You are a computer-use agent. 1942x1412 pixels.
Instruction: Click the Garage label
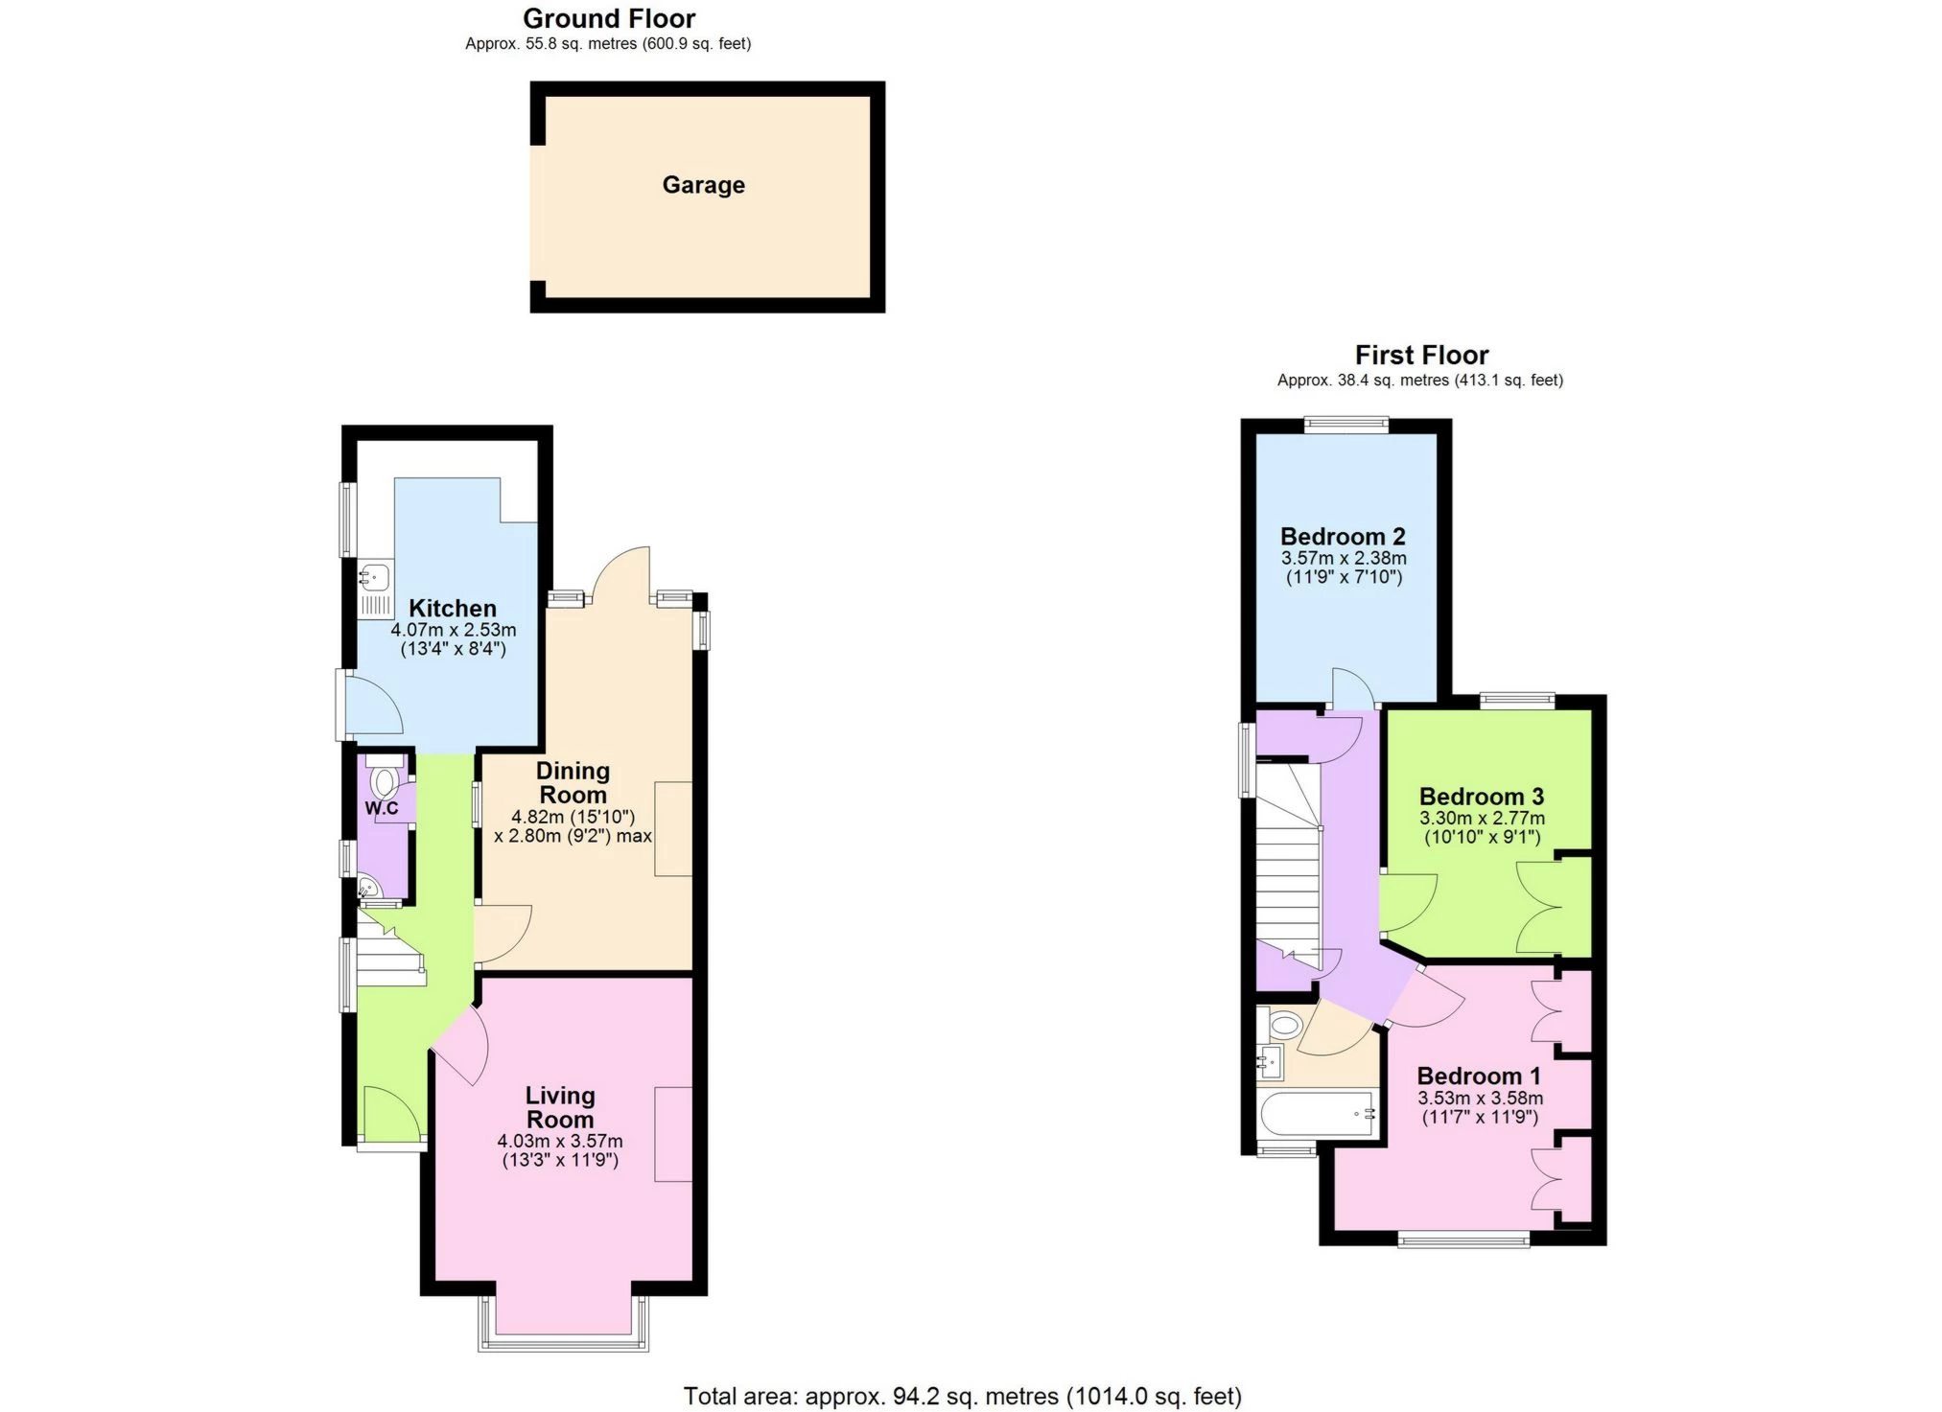point(703,185)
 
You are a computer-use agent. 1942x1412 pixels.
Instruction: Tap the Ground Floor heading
point(608,18)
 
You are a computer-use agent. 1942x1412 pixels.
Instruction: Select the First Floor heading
point(1420,355)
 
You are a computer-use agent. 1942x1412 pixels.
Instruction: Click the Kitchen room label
point(452,608)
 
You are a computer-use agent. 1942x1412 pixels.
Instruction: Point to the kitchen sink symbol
point(375,578)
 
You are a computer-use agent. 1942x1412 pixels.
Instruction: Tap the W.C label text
point(381,808)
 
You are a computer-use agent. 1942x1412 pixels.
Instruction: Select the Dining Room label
point(573,782)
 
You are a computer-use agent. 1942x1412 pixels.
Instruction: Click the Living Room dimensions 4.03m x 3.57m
point(559,1141)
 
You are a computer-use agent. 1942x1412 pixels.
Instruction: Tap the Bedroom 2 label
point(1343,536)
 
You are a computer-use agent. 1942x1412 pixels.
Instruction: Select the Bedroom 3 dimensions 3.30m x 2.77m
point(1481,818)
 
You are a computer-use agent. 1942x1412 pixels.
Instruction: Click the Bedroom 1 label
point(1478,1076)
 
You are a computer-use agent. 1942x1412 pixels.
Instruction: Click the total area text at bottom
point(962,1396)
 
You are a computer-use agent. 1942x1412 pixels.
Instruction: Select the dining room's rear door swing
point(622,575)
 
